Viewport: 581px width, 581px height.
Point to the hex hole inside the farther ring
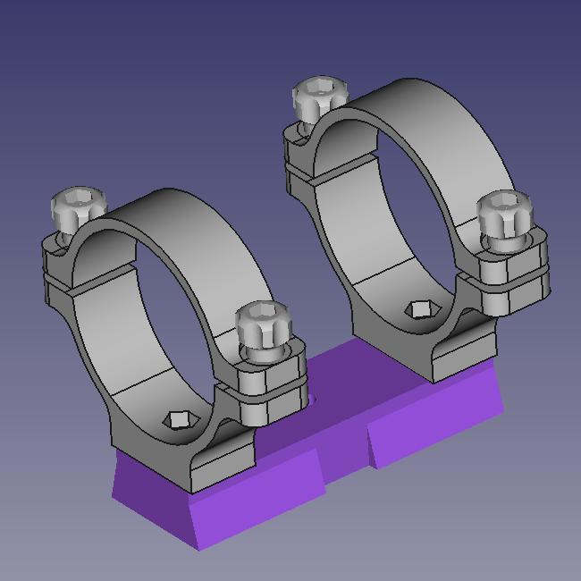pyautogui.click(x=418, y=309)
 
